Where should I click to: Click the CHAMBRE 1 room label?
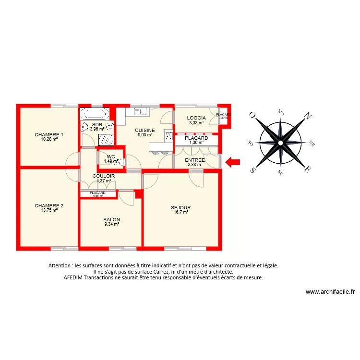point(49,134)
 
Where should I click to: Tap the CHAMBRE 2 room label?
point(49,205)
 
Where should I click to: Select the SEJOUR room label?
point(180,207)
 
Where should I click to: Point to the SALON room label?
point(111,219)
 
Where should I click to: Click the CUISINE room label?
point(144,130)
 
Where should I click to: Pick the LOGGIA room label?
point(196,118)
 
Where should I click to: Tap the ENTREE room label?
point(195,160)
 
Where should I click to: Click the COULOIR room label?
point(104,176)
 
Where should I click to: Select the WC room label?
point(111,156)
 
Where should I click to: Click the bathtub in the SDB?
point(94,114)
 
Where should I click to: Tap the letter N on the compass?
point(309,116)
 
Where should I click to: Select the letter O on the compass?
point(252,115)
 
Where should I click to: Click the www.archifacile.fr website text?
point(330,291)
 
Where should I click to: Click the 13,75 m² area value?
point(49,210)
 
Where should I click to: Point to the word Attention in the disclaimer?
point(60,265)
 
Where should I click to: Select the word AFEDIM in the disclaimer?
point(76,278)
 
